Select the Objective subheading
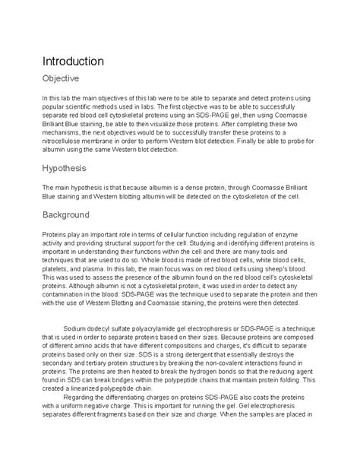point(65,78)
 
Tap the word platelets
point(60,267)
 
